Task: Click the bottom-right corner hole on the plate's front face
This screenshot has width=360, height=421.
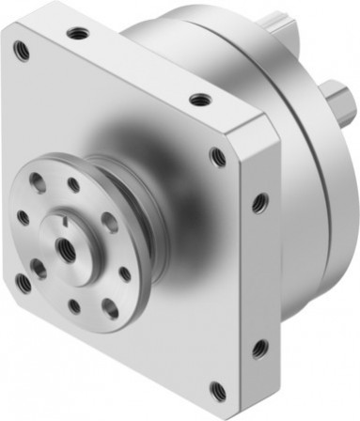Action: click(x=218, y=387)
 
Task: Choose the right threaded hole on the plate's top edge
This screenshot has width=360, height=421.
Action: click(x=196, y=98)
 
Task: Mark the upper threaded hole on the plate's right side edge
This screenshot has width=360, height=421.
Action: click(x=259, y=201)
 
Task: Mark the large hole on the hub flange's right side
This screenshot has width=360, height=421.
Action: click(x=111, y=223)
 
